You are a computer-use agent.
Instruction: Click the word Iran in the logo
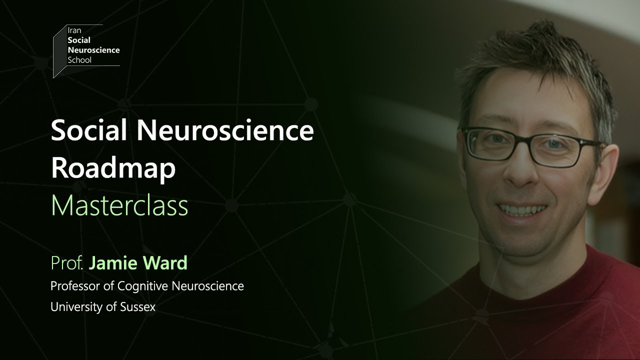pos(74,30)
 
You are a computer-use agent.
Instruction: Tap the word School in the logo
pos(79,60)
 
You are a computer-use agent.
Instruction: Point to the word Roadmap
pos(113,169)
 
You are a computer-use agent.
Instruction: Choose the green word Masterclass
pos(119,205)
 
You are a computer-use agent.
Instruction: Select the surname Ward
pos(165,263)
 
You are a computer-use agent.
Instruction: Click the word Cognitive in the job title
pos(142,286)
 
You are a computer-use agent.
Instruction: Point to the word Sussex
pos(137,307)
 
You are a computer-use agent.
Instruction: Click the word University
pos(78,307)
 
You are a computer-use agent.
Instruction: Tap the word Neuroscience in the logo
pos(93,50)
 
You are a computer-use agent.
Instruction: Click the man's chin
pos(520,239)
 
